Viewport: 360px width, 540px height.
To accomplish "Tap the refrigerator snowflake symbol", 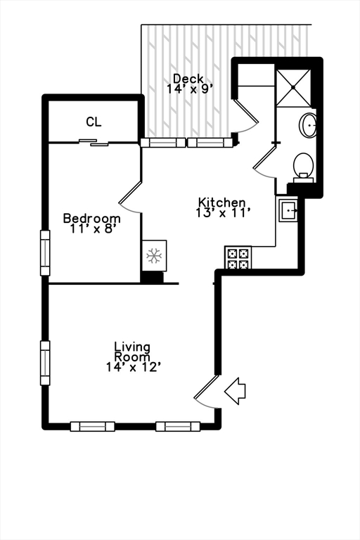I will [x=154, y=255].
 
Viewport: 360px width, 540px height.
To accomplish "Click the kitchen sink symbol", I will [x=289, y=210].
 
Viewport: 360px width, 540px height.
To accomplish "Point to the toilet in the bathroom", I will [x=303, y=166].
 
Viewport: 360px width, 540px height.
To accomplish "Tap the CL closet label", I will [x=94, y=122].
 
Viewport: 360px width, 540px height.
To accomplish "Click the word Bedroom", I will [x=91, y=218].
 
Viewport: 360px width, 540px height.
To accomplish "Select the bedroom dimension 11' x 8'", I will [x=91, y=229].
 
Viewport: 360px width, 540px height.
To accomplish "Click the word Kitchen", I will [x=221, y=202].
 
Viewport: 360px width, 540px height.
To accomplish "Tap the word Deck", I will [x=188, y=79].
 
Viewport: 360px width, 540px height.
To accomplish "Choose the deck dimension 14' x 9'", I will [x=189, y=89].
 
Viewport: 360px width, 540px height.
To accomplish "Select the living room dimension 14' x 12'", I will [x=133, y=366].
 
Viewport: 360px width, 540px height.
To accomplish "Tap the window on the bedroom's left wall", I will [x=45, y=253].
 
